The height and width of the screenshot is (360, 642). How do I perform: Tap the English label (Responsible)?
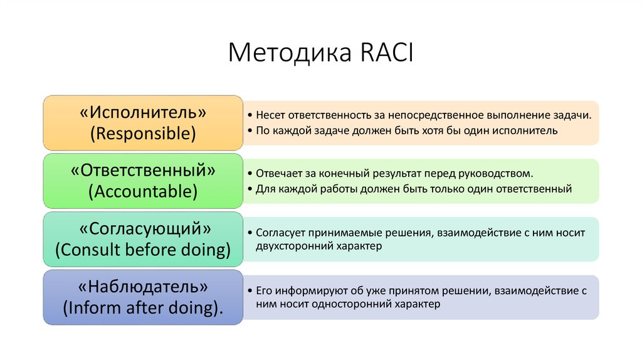pyautogui.click(x=143, y=133)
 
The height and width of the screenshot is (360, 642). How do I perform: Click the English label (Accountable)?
pyautogui.click(x=143, y=191)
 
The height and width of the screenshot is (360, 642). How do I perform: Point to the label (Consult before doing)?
pyautogui.click(x=143, y=249)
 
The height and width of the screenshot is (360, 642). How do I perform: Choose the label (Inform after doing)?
pyautogui.click(x=143, y=307)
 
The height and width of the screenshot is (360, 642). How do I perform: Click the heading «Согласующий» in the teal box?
pyautogui.click(x=143, y=228)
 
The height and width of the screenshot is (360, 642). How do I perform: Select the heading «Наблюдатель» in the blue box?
pyautogui.click(x=143, y=287)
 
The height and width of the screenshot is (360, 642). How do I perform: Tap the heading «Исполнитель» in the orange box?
pyautogui.click(x=143, y=112)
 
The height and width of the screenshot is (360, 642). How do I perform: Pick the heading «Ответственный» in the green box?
pyautogui.click(x=143, y=170)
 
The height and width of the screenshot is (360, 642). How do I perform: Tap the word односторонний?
pyautogui.click(x=352, y=304)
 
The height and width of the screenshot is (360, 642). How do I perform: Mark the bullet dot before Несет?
pyautogui.click(x=250, y=117)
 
